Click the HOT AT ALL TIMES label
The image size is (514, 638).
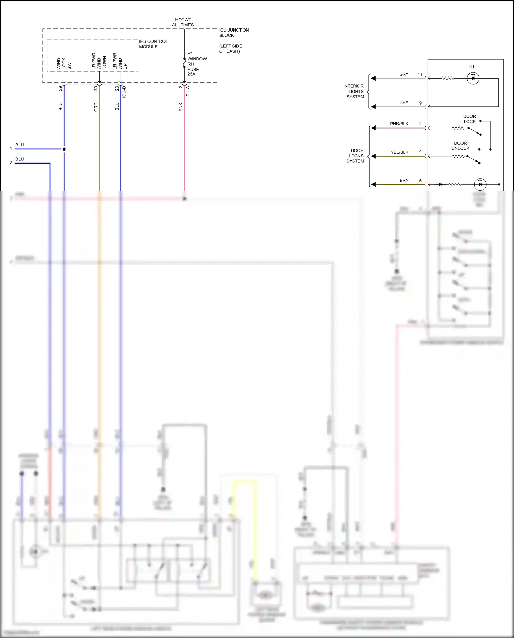pyautogui.click(x=183, y=22)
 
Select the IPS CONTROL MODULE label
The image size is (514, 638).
pyautogui.click(x=153, y=44)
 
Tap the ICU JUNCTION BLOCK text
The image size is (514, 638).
pyautogui.click(x=234, y=33)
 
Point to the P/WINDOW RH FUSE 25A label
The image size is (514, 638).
pyautogui.click(x=197, y=64)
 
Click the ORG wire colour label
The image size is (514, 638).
pyautogui.click(x=96, y=107)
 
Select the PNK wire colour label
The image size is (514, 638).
pyautogui.click(x=181, y=107)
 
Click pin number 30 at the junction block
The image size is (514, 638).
pyautogui.click(x=96, y=88)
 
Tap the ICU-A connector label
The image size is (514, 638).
pyautogui.click(x=188, y=92)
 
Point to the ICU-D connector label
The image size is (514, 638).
pyautogui.click(x=124, y=92)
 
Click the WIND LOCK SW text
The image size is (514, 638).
pyautogui.click(x=64, y=64)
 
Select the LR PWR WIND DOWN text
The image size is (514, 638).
pyautogui.click(x=99, y=61)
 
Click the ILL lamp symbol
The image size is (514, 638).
pyautogui.click(x=473, y=78)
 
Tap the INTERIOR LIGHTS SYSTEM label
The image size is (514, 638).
pyautogui.click(x=354, y=92)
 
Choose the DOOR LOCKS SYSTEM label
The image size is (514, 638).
pyautogui.click(x=356, y=156)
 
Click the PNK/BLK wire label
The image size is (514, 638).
pyautogui.click(x=399, y=124)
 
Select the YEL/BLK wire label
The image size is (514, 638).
pyautogui.click(x=400, y=152)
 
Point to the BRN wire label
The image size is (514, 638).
pyautogui.click(x=404, y=180)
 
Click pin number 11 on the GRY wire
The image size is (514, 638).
pyautogui.click(x=420, y=74)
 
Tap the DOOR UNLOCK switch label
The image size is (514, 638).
pyautogui.click(x=460, y=146)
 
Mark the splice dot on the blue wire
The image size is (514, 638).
pyautogui.click(x=64, y=149)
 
